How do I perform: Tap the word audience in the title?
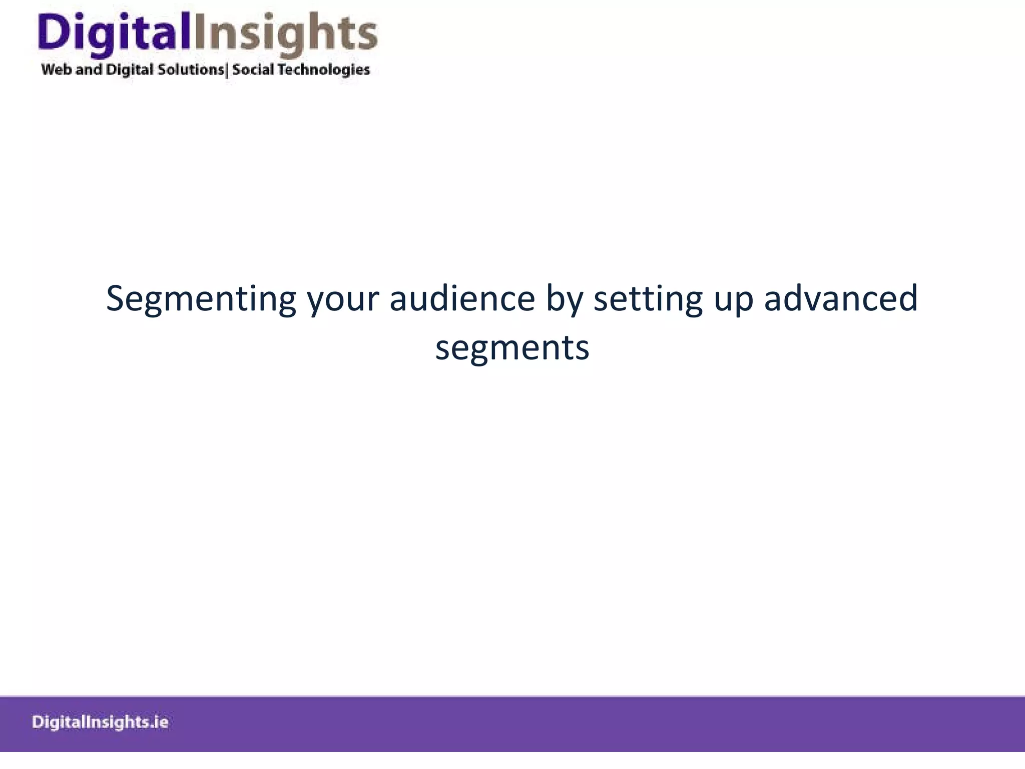point(462,299)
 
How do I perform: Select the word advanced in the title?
point(841,299)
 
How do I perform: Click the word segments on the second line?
point(512,348)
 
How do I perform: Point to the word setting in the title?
point(648,299)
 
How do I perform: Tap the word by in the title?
point(565,299)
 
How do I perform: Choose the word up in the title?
point(733,299)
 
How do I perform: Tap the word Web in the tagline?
point(56,69)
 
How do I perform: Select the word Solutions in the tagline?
point(191,69)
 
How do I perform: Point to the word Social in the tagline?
point(253,69)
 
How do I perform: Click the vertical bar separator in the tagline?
point(228,70)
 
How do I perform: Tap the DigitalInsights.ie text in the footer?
point(100,722)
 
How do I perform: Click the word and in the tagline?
point(89,69)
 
